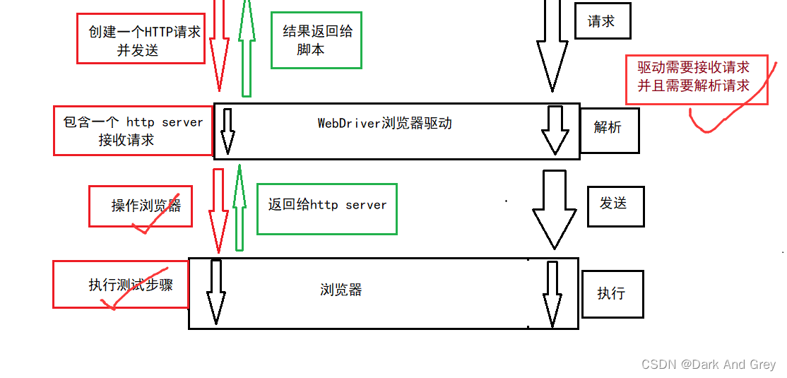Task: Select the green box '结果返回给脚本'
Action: (x=316, y=40)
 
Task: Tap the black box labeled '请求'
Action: (x=602, y=21)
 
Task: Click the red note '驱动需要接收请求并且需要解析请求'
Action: (x=696, y=80)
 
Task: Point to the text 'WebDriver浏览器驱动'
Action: (x=384, y=123)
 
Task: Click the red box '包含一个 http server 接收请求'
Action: (x=133, y=131)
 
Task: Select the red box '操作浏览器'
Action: (x=141, y=206)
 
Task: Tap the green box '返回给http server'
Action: (x=327, y=208)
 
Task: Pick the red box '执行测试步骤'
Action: (x=121, y=284)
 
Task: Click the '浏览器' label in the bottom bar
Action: (x=341, y=290)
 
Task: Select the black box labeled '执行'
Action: (x=612, y=293)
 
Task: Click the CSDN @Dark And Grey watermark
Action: (x=709, y=365)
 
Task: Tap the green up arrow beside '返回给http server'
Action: (x=239, y=208)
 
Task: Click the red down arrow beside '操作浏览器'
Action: (x=218, y=208)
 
